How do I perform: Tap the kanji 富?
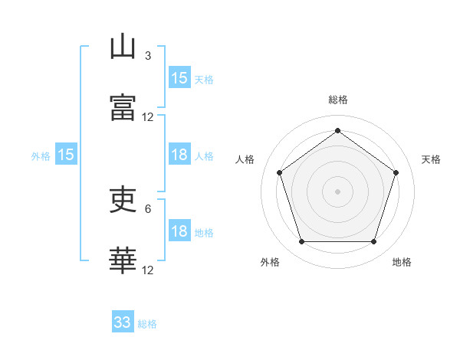click(x=123, y=107)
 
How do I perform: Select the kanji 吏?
click(x=123, y=199)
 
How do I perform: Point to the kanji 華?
click(x=123, y=260)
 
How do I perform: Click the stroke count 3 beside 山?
click(x=148, y=56)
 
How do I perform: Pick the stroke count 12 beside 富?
click(x=147, y=117)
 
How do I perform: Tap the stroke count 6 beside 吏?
click(x=148, y=209)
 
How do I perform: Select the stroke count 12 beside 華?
click(x=147, y=270)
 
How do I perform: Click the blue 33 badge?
click(x=123, y=321)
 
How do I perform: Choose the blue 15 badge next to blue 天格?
click(x=179, y=77)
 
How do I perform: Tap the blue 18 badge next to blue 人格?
click(x=179, y=154)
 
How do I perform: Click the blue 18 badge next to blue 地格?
click(x=179, y=230)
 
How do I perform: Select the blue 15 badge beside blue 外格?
click(x=66, y=154)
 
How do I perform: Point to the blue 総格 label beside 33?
click(x=147, y=324)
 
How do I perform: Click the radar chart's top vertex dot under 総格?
click(x=337, y=130)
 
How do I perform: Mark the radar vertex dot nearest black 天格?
click(x=396, y=172)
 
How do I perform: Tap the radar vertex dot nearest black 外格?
click(x=302, y=241)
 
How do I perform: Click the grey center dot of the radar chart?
click(x=337, y=191)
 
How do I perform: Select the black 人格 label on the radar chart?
click(x=245, y=159)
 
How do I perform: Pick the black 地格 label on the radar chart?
click(x=402, y=262)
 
